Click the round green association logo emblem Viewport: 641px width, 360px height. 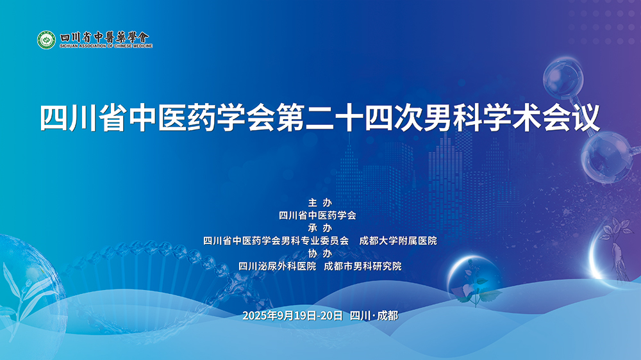click(x=46, y=40)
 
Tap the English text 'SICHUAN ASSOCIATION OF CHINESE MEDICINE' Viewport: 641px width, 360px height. click(x=106, y=47)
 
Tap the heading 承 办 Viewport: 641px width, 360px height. click(x=320, y=228)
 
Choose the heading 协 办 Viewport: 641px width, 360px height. click(x=320, y=253)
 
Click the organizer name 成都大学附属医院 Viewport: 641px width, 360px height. click(x=398, y=241)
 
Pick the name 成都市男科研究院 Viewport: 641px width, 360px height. click(x=363, y=266)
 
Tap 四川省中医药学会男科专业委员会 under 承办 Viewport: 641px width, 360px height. click(x=276, y=241)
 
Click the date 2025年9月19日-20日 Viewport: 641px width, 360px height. click(x=293, y=315)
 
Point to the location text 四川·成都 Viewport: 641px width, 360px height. click(x=374, y=315)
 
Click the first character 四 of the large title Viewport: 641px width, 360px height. click(x=54, y=119)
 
